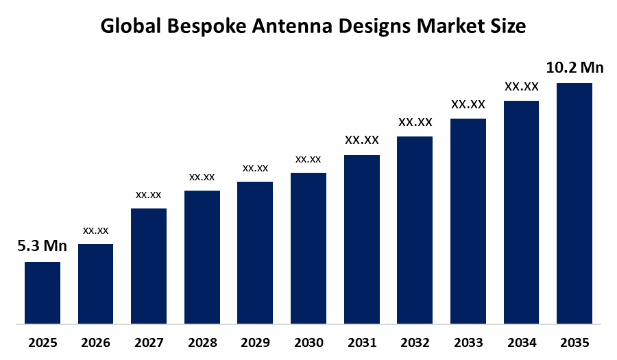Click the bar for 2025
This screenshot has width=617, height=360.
tap(43, 292)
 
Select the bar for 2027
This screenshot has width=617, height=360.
tap(149, 265)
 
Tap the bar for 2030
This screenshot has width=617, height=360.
tap(308, 248)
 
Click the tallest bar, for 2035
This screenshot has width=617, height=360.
tap(574, 203)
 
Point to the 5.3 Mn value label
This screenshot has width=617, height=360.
tap(43, 246)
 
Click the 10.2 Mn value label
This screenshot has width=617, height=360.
tap(574, 67)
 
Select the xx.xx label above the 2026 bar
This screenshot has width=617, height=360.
tap(95, 230)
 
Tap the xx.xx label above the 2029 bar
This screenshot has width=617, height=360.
tap(255, 168)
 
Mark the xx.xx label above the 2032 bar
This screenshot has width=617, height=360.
tap(415, 122)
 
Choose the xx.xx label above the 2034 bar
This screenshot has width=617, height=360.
tap(521, 86)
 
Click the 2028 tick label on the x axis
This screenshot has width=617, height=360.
tap(202, 342)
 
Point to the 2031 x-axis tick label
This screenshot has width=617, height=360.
tap(361, 342)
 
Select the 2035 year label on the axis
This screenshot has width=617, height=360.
tap(574, 342)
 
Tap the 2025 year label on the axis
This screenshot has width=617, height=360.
tap(43, 342)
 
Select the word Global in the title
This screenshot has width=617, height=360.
tap(130, 27)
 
